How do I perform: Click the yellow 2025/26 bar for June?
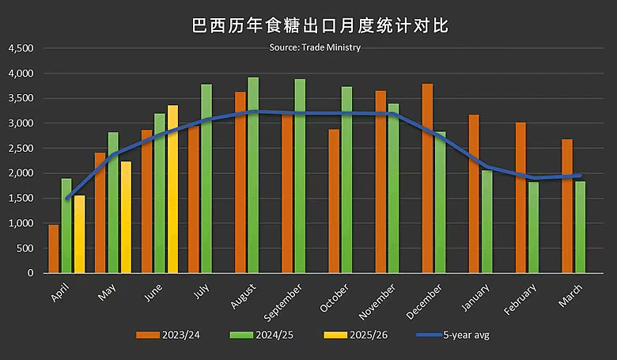[172, 190]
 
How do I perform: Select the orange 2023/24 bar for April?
[54, 248]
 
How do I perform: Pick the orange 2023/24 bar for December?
[428, 178]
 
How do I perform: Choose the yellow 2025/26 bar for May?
[126, 218]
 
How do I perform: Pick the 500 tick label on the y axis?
[26, 248]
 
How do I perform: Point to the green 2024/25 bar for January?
[486, 222]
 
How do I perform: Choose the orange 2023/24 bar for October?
[334, 201]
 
